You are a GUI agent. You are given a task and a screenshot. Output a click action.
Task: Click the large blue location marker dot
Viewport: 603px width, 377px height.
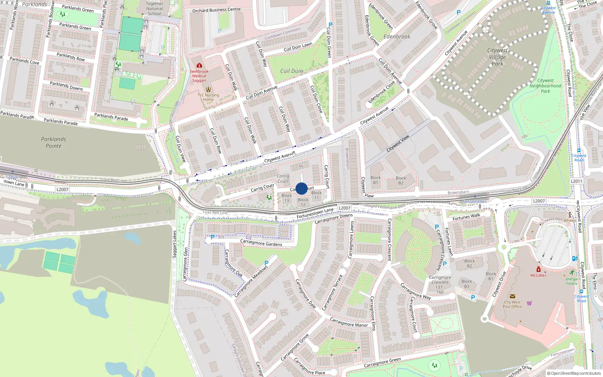click(x=301, y=188)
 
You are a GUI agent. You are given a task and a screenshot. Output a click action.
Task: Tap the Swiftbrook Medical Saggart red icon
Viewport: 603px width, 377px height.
click(x=199, y=65)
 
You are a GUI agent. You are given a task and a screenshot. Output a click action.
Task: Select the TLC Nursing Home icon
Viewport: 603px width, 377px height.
click(x=208, y=89)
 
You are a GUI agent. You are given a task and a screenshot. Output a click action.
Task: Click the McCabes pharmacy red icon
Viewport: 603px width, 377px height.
click(x=539, y=270)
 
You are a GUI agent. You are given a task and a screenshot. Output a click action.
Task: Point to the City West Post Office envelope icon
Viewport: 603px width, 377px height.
click(x=512, y=296)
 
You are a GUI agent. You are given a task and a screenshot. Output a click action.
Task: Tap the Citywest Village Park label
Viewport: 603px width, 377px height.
click(x=497, y=57)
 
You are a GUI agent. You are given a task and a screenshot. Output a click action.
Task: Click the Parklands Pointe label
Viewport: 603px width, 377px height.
click(x=54, y=143)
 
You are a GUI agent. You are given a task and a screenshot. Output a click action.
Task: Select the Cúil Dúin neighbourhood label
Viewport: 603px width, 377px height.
click(x=291, y=71)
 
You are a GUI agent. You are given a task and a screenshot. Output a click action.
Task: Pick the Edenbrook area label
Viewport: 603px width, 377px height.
click(x=397, y=37)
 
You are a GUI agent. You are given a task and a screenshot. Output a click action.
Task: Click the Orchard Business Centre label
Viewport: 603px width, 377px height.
click(x=216, y=10)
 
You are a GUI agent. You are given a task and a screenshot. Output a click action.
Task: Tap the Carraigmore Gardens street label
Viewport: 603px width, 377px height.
click(x=261, y=243)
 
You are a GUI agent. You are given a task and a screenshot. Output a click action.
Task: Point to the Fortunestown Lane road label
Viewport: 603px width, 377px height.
click(x=315, y=213)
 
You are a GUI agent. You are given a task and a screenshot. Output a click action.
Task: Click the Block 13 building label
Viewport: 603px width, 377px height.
click(x=286, y=198)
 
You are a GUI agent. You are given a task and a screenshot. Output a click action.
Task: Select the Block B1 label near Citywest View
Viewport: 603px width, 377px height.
click(x=375, y=180)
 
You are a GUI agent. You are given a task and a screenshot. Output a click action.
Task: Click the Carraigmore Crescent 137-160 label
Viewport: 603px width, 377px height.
click(x=440, y=285)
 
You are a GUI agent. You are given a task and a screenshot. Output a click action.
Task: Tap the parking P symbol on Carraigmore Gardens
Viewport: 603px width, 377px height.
click(x=213, y=237)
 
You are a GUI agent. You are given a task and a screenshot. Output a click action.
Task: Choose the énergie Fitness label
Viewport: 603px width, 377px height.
click(x=572, y=281)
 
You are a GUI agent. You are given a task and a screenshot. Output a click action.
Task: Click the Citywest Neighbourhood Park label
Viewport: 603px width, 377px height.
click(x=545, y=86)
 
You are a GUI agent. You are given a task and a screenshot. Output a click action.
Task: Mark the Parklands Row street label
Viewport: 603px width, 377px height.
click(x=70, y=57)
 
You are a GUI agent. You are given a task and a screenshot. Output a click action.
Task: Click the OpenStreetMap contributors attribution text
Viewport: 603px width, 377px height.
click(x=574, y=373)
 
